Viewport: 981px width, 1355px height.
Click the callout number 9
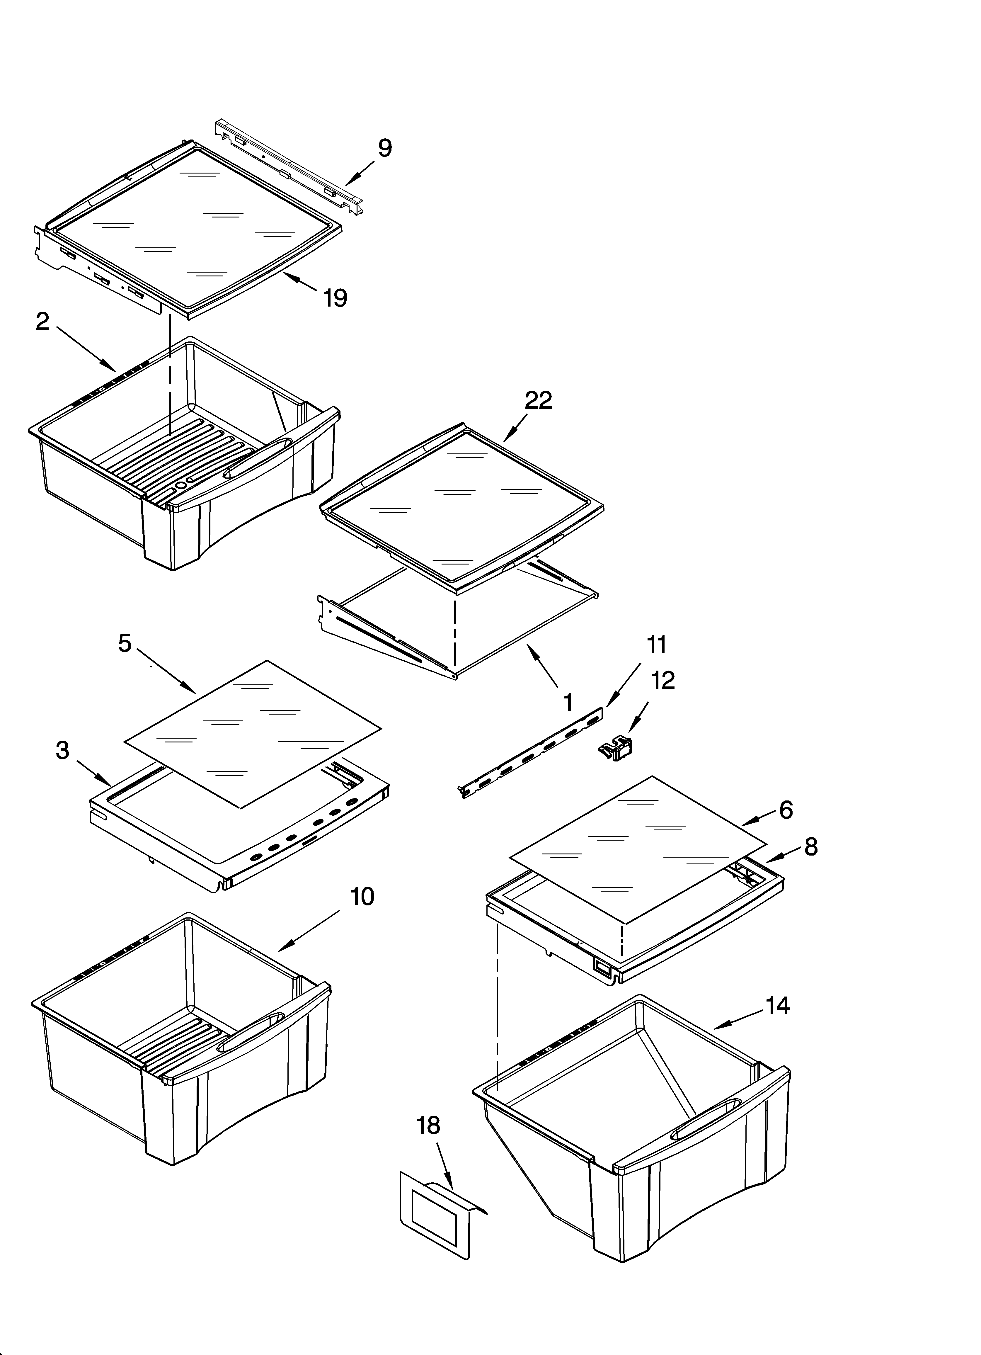coord(385,147)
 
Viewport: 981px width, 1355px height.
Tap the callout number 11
coord(656,645)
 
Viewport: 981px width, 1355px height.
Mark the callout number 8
coord(811,846)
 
